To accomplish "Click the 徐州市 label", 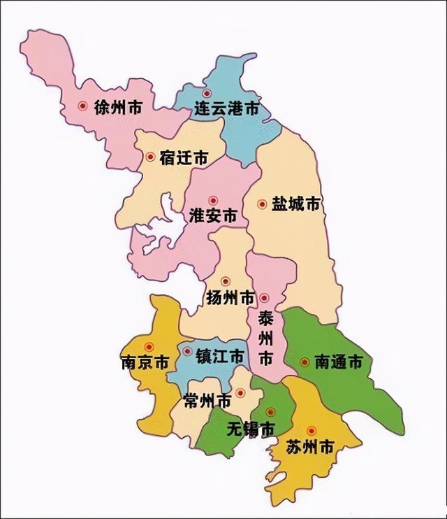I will [x=118, y=108].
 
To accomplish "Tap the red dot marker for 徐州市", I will [x=83, y=107].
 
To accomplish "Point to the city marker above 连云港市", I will [x=206, y=93].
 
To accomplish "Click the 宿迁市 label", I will [x=183, y=158].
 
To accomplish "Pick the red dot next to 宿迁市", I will [x=150, y=157].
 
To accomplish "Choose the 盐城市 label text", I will [x=295, y=204].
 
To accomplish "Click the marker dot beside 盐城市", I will [x=262, y=204].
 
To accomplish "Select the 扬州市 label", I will [x=230, y=298].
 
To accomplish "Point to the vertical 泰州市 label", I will [x=265, y=339].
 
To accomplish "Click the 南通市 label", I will [x=338, y=362].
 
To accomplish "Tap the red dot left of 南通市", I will [x=305, y=362].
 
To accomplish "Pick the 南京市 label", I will [x=145, y=364].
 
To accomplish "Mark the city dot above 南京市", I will [x=148, y=346].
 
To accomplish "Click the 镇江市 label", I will [x=220, y=356].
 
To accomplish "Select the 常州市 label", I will [x=207, y=401].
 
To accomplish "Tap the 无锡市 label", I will [x=250, y=429].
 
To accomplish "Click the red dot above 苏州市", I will [x=312, y=430].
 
